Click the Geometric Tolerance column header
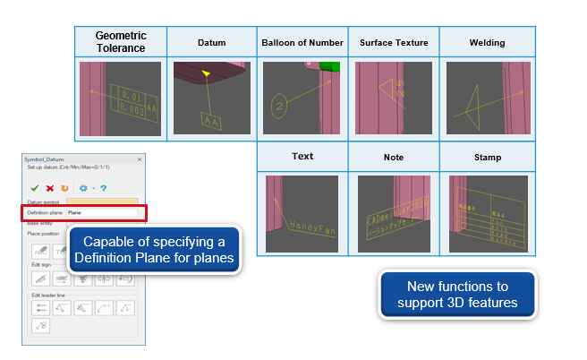(121, 42)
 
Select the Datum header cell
(211, 43)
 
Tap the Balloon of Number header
(302, 43)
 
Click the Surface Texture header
(394, 43)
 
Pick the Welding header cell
(487, 43)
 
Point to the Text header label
(302, 156)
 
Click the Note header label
(394, 157)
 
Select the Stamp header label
(487, 157)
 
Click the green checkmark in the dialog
(34, 189)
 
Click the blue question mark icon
(104, 189)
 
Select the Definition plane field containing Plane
(101, 212)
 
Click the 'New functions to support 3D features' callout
(457, 296)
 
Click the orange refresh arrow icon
(64, 189)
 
